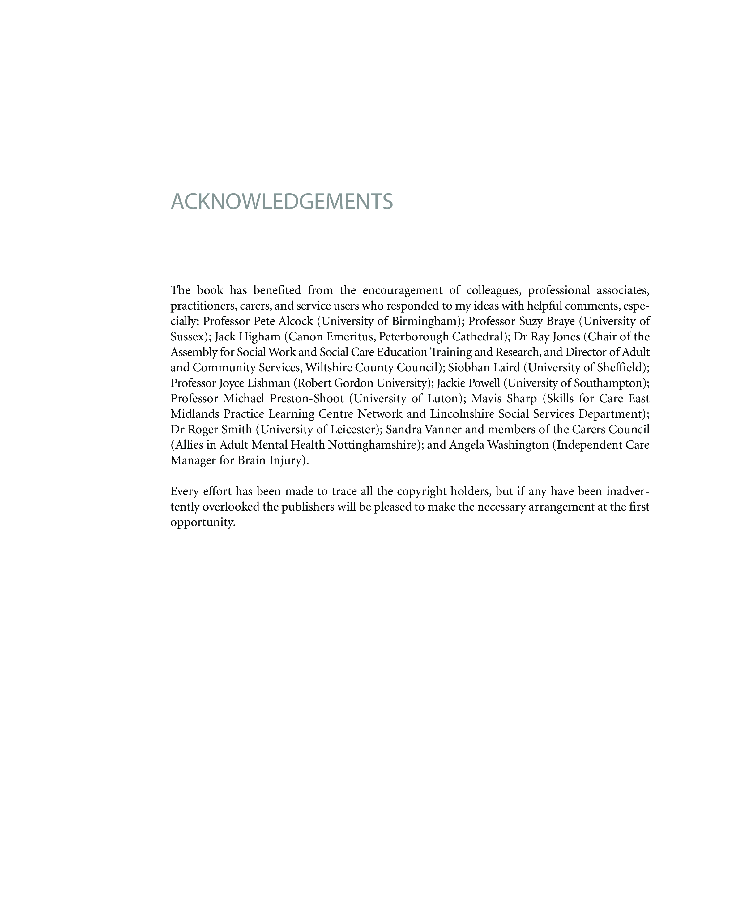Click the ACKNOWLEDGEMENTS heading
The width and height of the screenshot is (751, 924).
point(282,202)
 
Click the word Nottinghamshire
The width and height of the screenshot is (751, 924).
point(372,445)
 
